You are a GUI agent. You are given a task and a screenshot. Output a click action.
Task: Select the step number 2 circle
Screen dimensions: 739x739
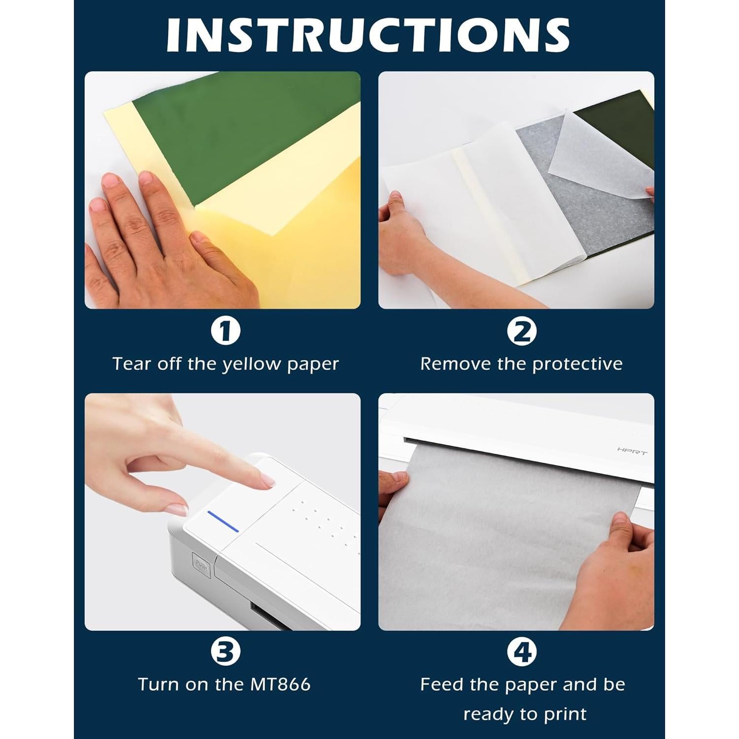coord(522,332)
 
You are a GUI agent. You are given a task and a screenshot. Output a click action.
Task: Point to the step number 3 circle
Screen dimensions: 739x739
coord(226,651)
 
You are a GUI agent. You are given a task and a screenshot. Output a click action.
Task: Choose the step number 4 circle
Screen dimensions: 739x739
coord(522,651)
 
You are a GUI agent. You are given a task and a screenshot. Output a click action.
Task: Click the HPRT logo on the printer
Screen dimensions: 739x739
coord(632,451)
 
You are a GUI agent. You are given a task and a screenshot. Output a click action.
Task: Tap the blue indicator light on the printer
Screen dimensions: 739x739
coord(223,521)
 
